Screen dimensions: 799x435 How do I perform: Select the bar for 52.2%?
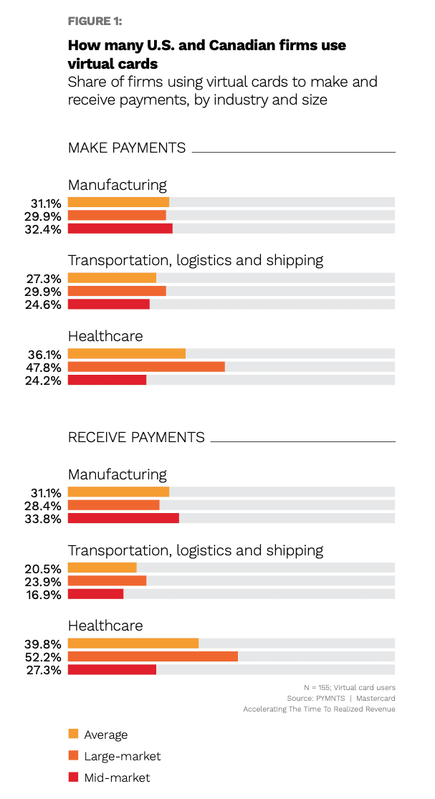153,656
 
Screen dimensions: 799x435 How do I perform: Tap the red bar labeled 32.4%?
120,229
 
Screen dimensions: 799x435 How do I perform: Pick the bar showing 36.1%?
126,353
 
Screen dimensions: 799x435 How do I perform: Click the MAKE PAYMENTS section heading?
127,148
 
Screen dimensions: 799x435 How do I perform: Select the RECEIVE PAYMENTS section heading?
136,437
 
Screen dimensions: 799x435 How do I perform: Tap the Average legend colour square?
72,734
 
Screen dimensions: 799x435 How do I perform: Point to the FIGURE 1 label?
95,20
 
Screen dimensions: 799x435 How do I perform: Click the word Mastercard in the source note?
376,698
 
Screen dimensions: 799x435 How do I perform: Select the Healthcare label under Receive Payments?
105,626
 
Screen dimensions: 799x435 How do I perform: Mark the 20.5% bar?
102,567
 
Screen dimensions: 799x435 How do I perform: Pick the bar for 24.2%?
107,381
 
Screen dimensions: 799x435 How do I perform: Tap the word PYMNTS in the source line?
330,698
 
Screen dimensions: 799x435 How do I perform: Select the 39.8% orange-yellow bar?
133,643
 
